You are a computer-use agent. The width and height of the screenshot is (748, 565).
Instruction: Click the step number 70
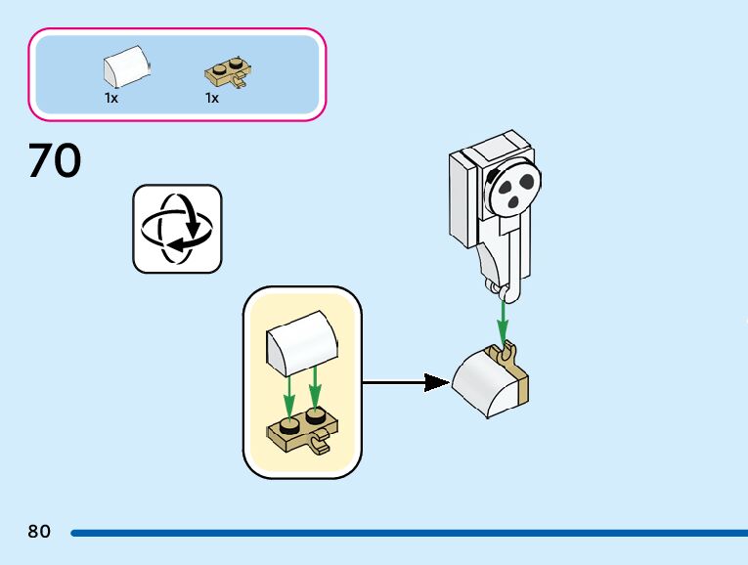(55, 160)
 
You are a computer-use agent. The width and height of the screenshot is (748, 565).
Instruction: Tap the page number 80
(39, 532)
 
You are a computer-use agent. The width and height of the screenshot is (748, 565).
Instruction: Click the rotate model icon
(177, 229)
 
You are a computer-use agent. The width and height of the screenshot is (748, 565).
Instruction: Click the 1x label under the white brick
(111, 98)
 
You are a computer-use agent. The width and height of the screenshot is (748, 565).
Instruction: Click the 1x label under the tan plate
(212, 98)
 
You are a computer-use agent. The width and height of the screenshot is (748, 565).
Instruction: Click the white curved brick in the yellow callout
(302, 343)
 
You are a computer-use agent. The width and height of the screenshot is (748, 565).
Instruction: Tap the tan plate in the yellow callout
(301, 431)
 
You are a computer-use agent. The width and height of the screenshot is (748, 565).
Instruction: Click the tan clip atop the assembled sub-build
(508, 350)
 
